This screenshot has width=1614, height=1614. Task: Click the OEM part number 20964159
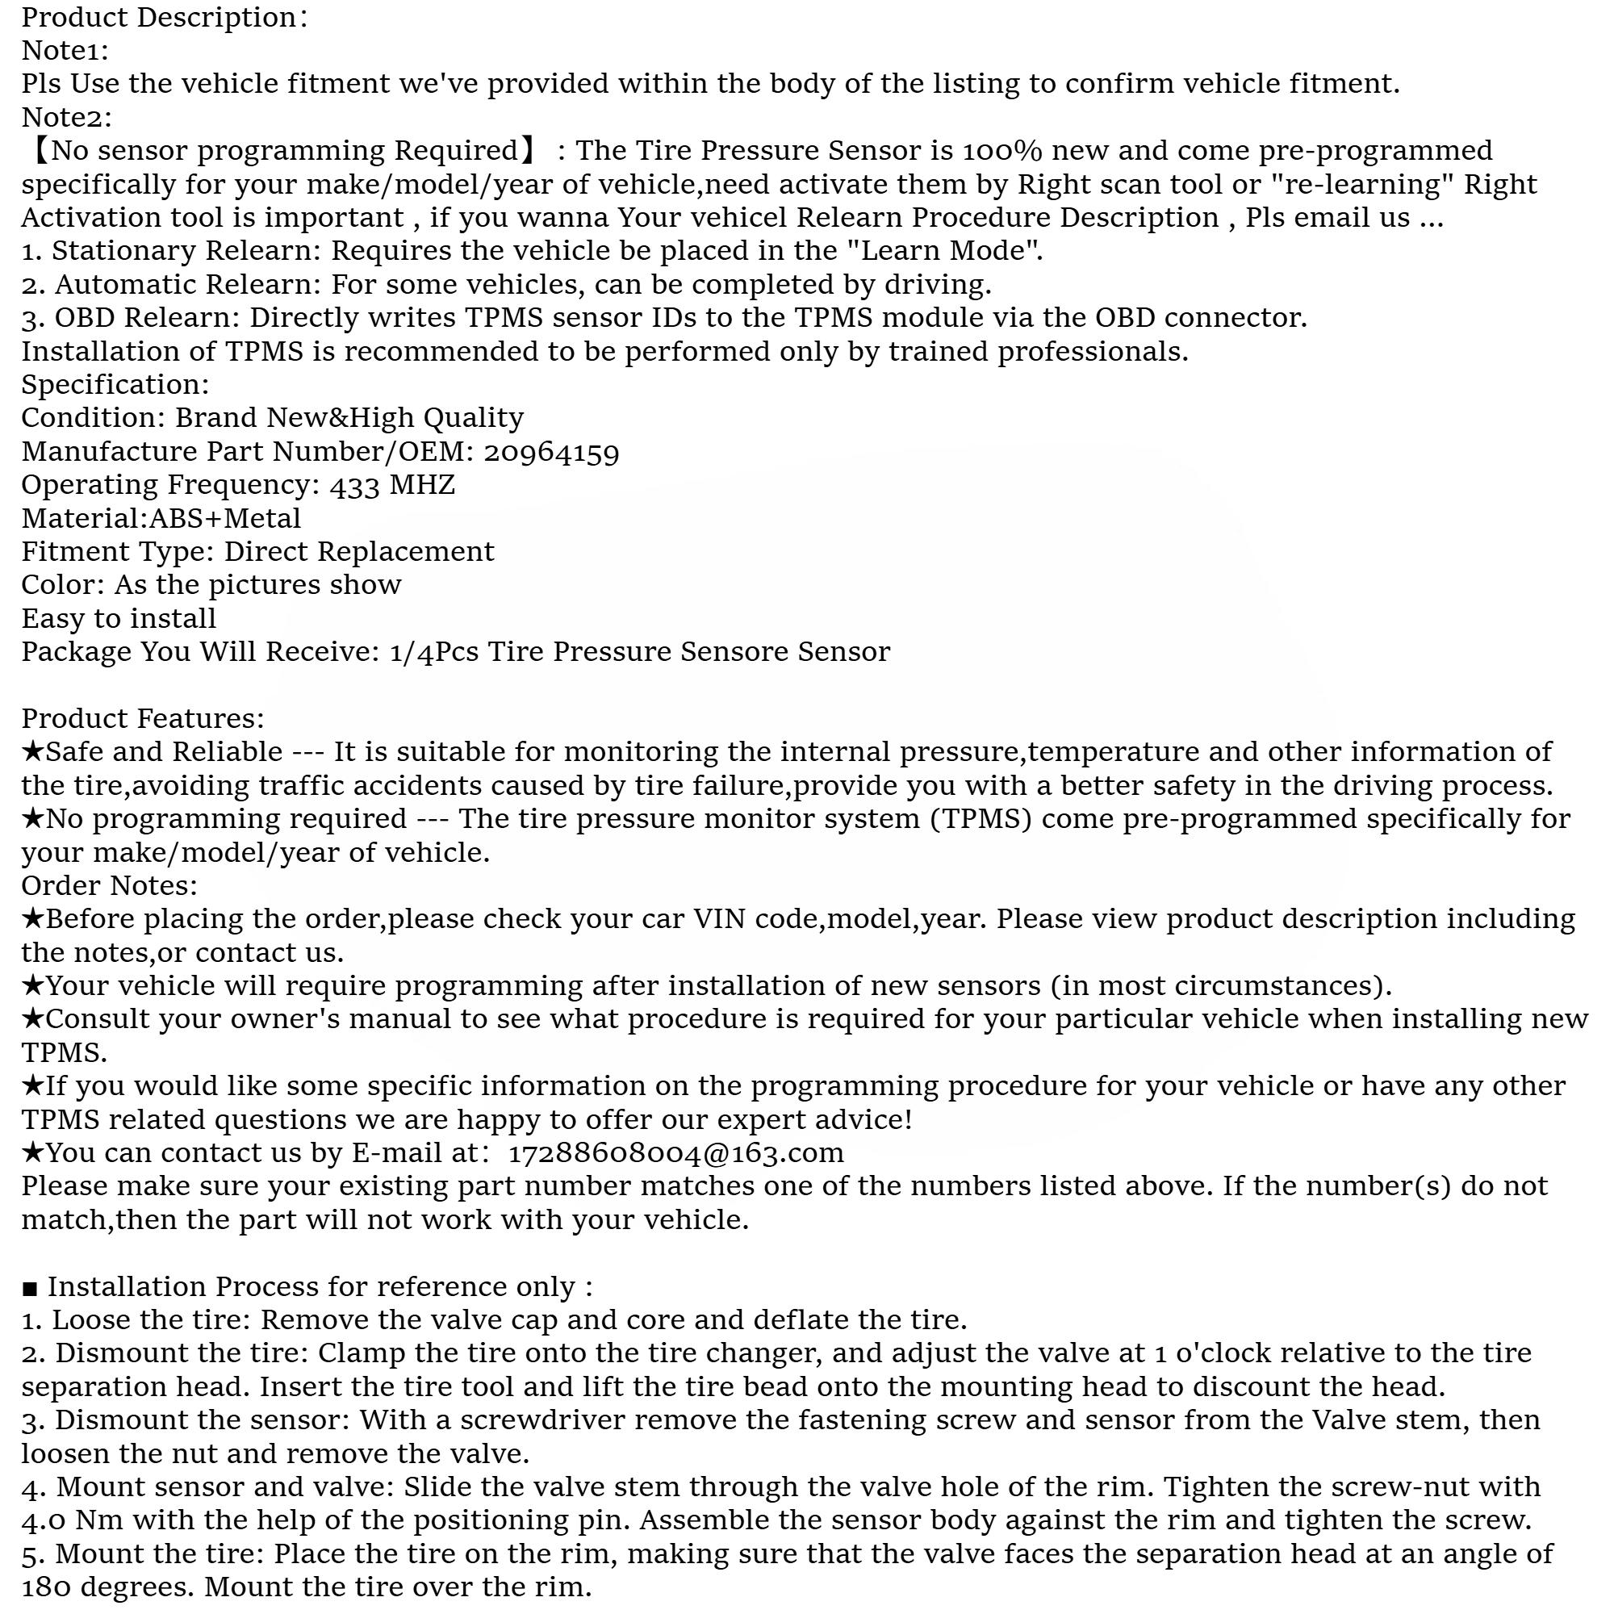click(x=551, y=452)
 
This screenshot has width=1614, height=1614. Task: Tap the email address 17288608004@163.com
click(x=675, y=1153)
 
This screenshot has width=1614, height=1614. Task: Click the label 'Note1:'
click(x=65, y=51)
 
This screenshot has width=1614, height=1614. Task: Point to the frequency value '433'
click(x=355, y=485)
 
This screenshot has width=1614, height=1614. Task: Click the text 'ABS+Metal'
click(x=224, y=519)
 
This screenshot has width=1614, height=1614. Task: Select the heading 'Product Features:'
click(x=142, y=718)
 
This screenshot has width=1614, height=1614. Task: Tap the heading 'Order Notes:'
click(x=110, y=885)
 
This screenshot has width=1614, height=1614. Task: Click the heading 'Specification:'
click(x=115, y=384)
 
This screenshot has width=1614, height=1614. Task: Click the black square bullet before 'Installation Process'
click(x=29, y=1288)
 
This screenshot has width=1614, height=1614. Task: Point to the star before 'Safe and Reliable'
click(x=32, y=751)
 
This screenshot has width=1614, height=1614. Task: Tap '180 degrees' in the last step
click(x=108, y=1587)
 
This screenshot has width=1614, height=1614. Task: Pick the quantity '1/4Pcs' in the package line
click(x=433, y=651)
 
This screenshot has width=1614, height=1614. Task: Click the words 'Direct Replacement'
click(x=359, y=552)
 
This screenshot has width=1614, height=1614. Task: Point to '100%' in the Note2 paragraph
click(x=1002, y=151)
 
